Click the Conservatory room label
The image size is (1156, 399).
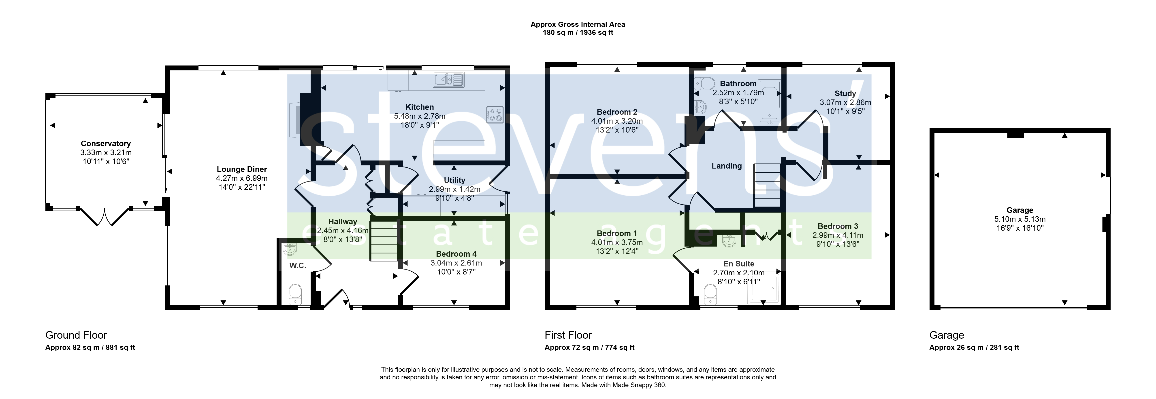[x=106, y=144]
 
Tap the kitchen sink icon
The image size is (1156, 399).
[x=448, y=80]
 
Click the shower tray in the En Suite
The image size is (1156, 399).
[x=763, y=289]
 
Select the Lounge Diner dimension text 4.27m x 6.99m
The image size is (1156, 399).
[x=242, y=178]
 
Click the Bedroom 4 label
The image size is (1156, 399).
[x=456, y=254]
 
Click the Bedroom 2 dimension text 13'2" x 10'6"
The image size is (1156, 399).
[x=617, y=130]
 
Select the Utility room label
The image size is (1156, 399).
[x=455, y=180]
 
